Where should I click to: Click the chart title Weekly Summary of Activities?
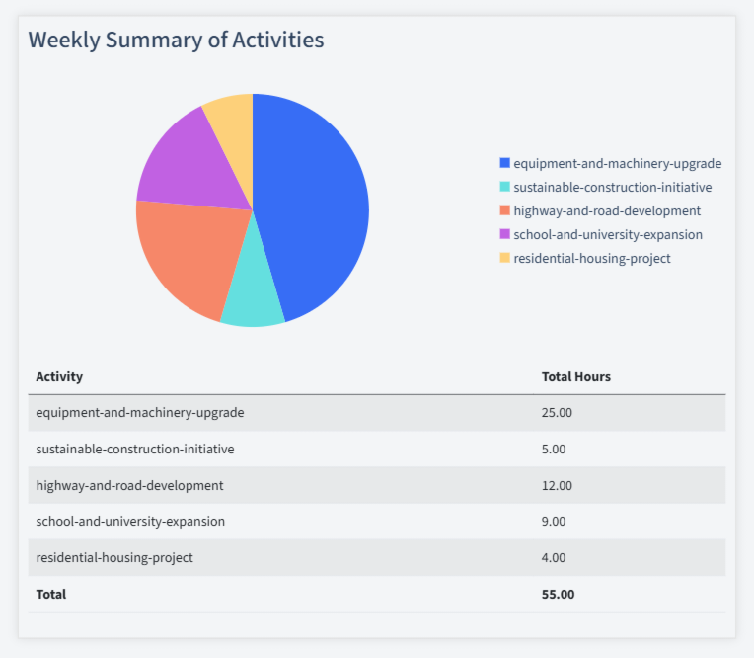[x=176, y=41]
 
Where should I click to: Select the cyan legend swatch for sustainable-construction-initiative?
[x=505, y=187]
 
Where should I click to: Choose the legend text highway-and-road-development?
[x=607, y=210]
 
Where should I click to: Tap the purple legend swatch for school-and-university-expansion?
[x=505, y=234]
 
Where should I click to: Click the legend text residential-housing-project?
[x=592, y=258]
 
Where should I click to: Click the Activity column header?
[x=59, y=376]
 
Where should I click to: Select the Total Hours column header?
[x=576, y=376]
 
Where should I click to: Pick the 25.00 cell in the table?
[x=557, y=413]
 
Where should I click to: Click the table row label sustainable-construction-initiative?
[x=135, y=449]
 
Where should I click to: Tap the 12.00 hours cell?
[x=557, y=485]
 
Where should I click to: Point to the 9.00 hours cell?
[x=554, y=521]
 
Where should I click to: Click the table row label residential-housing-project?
[x=114, y=557]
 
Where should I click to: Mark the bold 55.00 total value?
[x=558, y=594]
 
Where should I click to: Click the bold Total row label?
[x=51, y=594]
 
